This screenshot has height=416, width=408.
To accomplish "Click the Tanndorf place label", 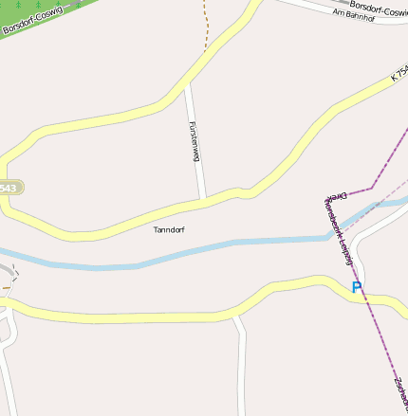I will [x=170, y=230].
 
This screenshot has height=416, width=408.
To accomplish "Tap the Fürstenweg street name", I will [x=194, y=141].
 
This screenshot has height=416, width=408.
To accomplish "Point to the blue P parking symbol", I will [x=357, y=287].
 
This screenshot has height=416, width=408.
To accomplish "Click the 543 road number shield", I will [x=8, y=188].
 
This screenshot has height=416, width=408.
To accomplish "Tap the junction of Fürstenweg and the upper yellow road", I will [x=187, y=87].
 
